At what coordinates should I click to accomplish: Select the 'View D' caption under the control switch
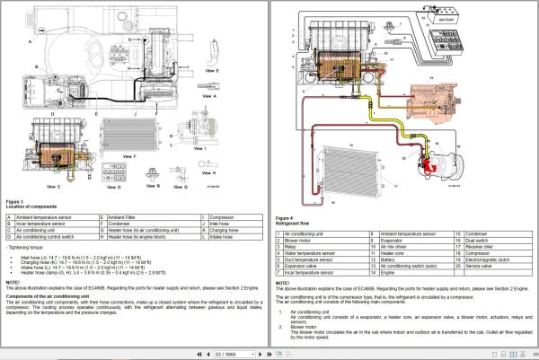112,189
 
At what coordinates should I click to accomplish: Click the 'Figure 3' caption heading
17,202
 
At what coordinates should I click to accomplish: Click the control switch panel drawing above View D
112,168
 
